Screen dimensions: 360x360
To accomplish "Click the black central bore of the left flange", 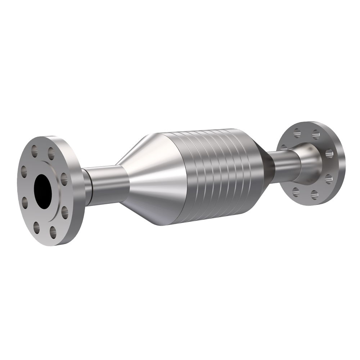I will tap(43, 191).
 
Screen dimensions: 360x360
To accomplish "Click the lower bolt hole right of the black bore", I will tap(64, 212).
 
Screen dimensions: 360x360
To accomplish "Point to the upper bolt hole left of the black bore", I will tap(24, 171).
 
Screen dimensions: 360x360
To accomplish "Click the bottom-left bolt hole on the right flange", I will tap(296, 192).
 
